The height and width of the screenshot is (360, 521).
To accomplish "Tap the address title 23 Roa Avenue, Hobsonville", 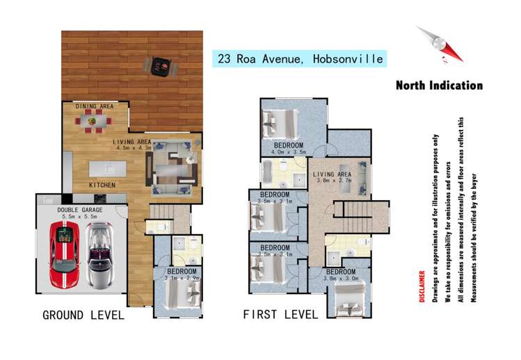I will coord(300,59).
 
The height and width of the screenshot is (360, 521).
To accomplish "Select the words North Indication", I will coord(439,85).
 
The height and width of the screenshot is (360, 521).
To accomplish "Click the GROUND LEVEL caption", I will coord(83,315).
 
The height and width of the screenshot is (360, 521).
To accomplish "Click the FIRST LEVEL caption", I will coord(280,314).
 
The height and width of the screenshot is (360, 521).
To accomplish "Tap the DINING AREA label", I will coord(95,106).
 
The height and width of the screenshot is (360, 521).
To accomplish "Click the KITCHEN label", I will coord(102,185).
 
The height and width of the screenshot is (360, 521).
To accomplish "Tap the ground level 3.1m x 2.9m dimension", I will coord(182,279).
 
